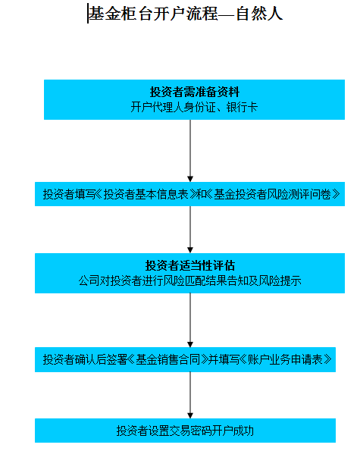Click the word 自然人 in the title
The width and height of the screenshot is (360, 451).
(260, 14)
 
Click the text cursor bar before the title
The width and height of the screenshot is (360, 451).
(88, 14)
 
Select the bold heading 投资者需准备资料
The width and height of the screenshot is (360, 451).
(194, 92)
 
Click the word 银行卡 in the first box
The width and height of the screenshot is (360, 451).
(242, 108)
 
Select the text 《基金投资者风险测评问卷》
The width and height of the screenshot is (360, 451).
(273, 194)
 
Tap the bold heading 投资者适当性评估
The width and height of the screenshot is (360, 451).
(190, 265)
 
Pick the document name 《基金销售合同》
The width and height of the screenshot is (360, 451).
(168, 359)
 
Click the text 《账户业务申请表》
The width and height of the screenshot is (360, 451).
(286, 359)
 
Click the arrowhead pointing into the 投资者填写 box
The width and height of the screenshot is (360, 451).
(190, 179)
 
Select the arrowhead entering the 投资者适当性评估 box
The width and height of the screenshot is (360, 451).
(190, 250)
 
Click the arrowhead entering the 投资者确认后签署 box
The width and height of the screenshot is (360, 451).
(190, 344)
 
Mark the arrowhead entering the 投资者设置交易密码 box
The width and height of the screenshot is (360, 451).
(190, 415)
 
